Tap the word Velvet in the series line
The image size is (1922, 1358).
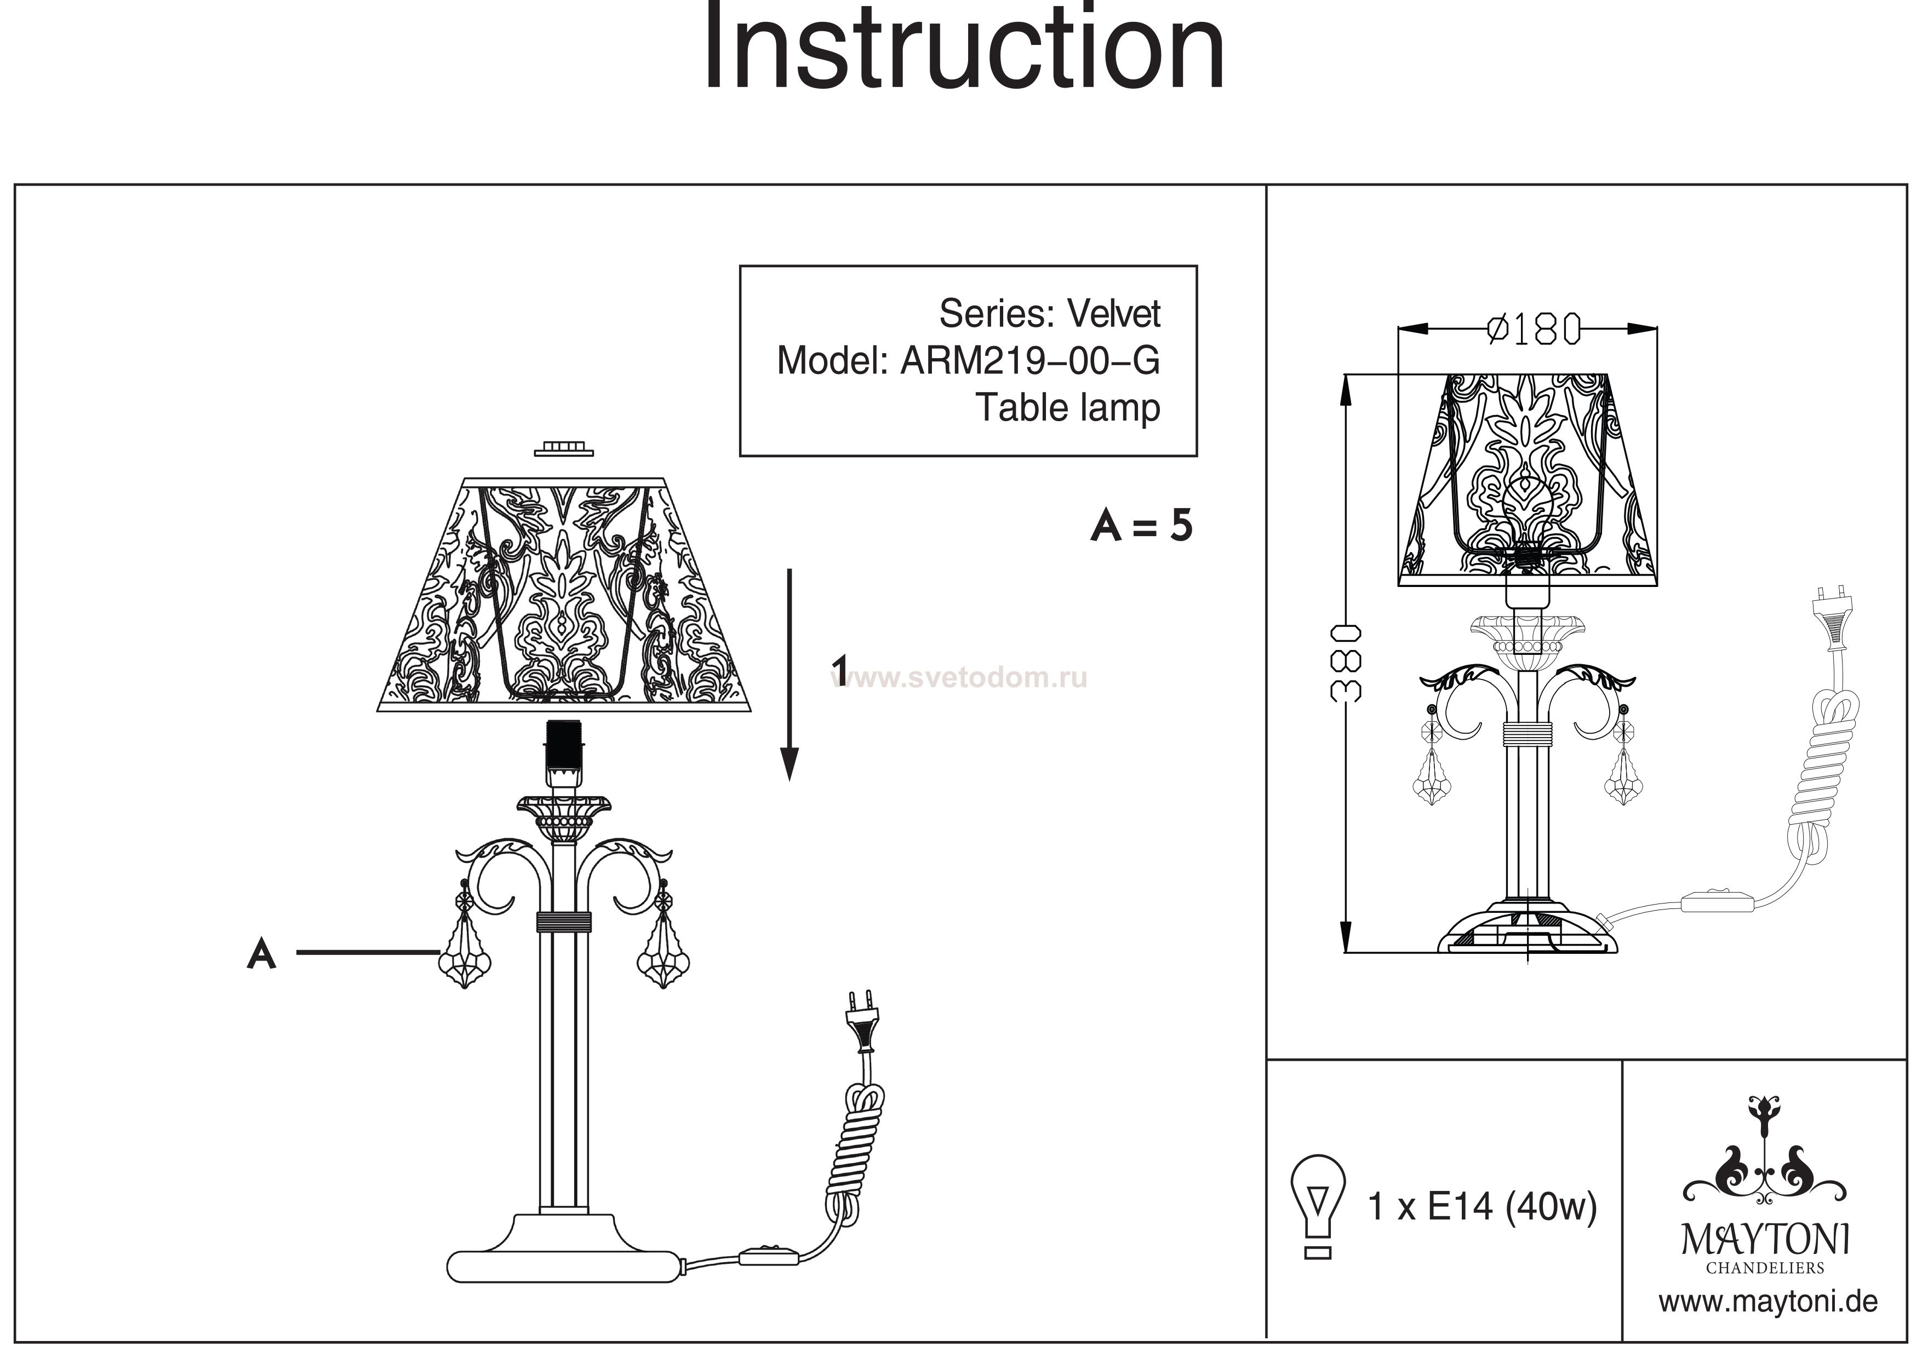(x=1113, y=314)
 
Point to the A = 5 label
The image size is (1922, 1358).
(x=1142, y=527)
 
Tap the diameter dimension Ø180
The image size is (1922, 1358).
(x=1533, y=330)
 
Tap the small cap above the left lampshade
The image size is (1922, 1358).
(x=563, y=450)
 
